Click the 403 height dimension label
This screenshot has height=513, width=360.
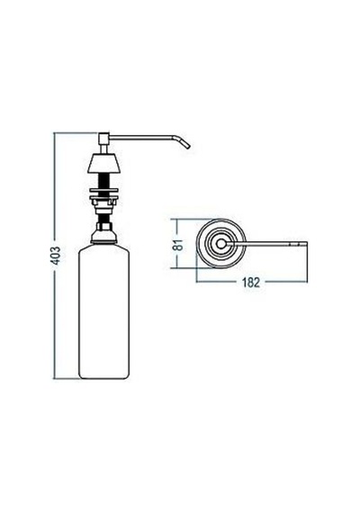(57, 256)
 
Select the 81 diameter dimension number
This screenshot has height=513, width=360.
(178, 244)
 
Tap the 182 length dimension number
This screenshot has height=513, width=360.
(251, 282)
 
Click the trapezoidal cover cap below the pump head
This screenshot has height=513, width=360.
(103, 163)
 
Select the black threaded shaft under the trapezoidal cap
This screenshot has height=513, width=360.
(103, 181)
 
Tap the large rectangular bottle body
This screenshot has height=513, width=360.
(103, 312)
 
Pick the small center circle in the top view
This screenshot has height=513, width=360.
(220, 244)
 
